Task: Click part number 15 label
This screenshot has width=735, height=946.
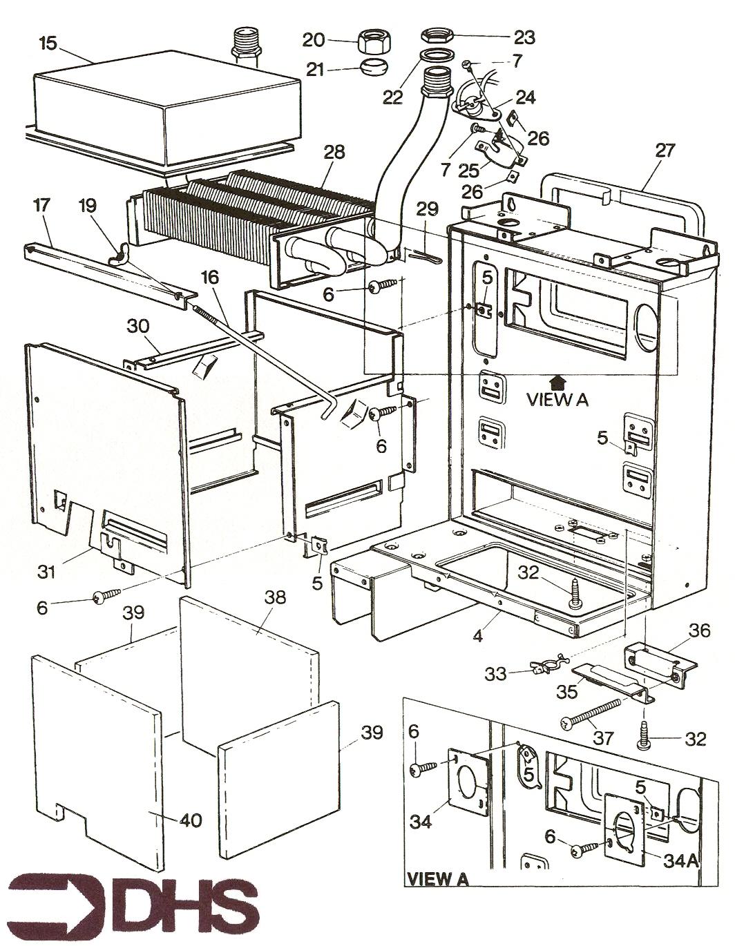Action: click(x=48, y=43)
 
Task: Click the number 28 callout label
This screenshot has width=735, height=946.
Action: click(x=334, y=152)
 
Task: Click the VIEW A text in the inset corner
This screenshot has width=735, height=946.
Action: click(x=437, y=879)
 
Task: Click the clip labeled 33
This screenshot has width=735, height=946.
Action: click(x=546, y=668)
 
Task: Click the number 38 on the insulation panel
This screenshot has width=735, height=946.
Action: click(x=275, y=598)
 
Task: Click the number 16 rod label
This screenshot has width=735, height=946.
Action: click(x=210, y=278)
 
